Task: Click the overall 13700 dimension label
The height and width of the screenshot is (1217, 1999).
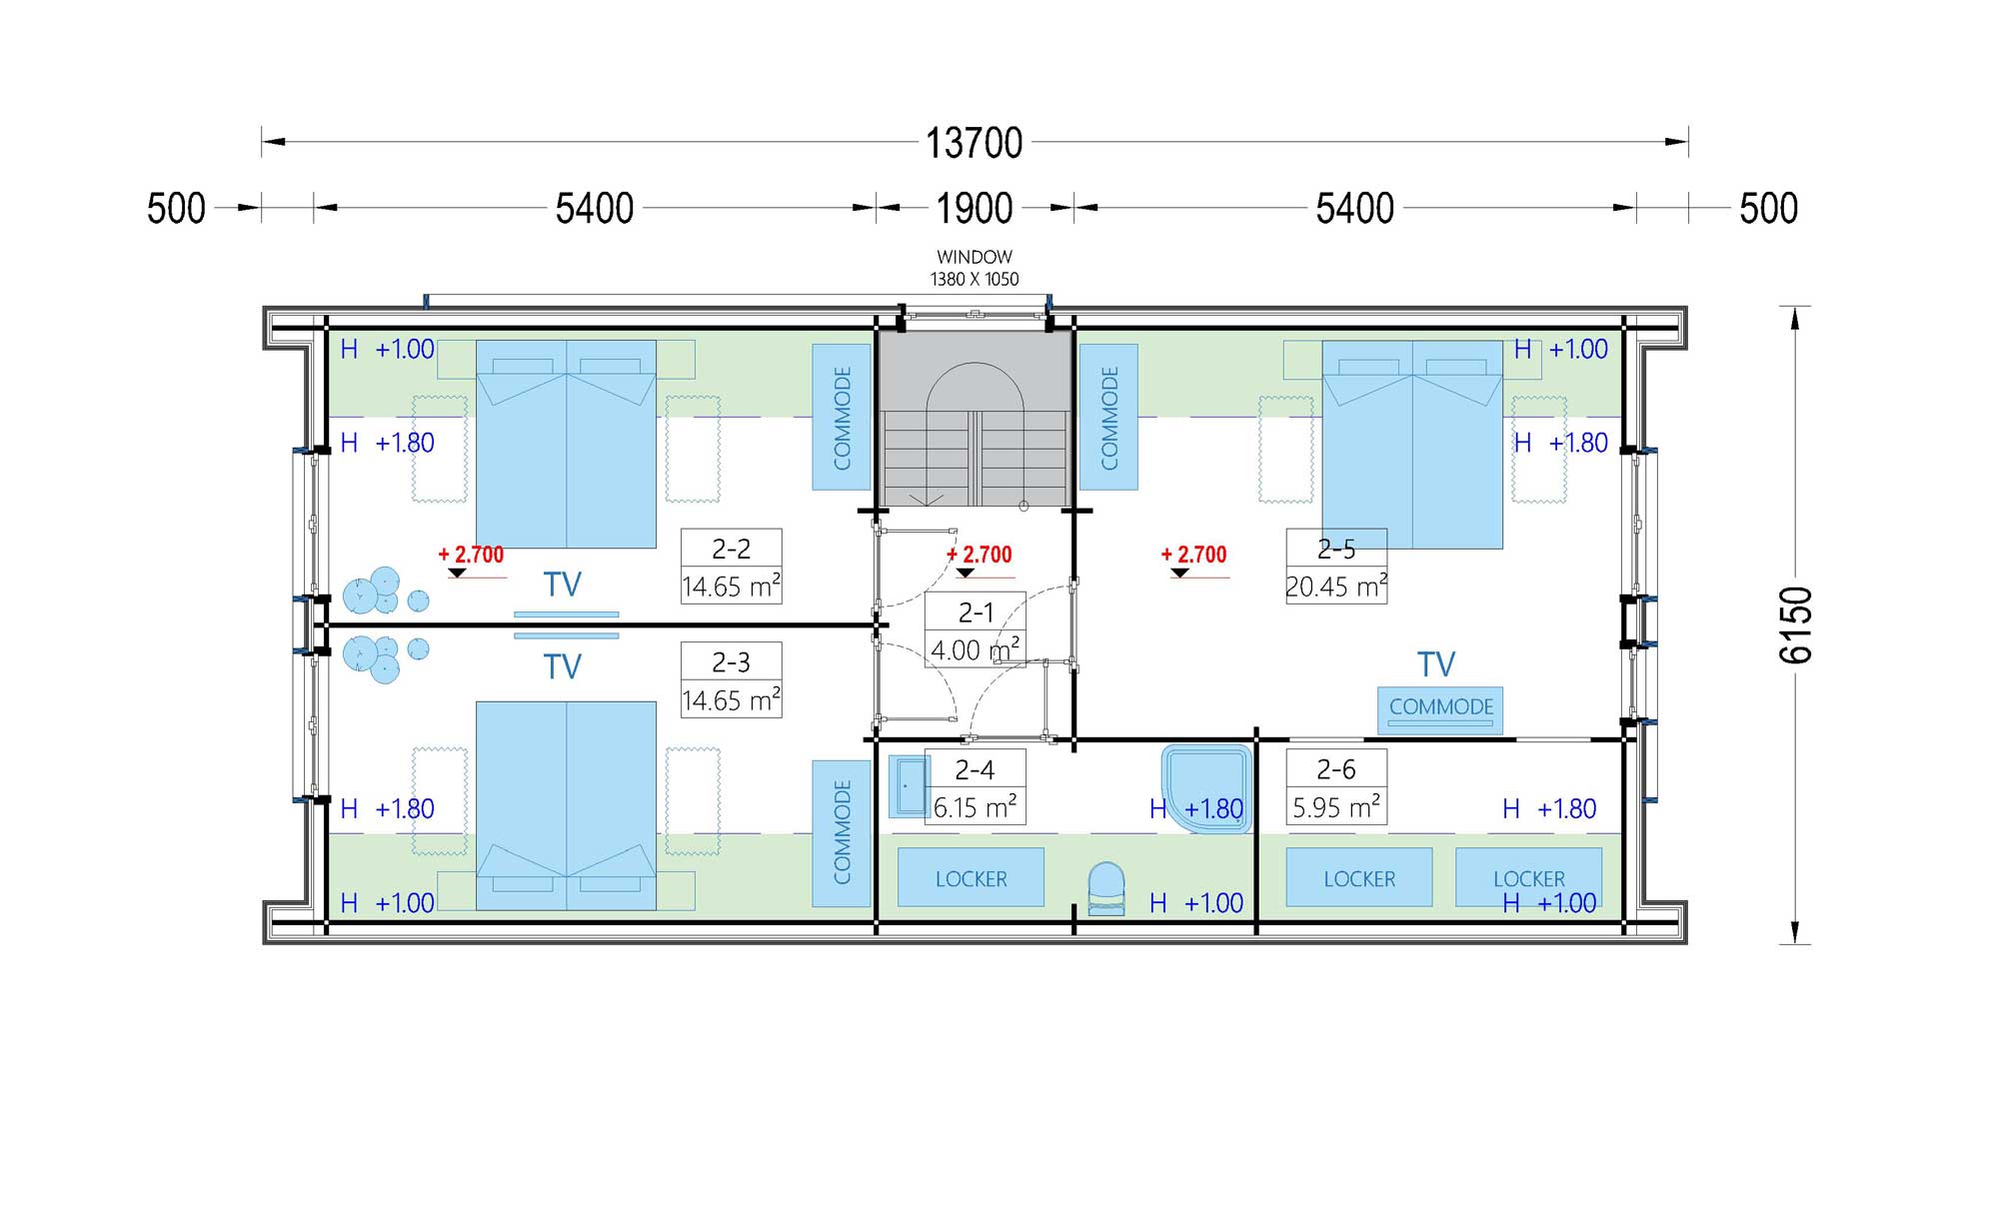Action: coord(974,143)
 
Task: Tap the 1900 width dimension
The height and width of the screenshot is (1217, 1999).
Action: coord(974,209)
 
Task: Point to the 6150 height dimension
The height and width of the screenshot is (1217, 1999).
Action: coord(1796,625)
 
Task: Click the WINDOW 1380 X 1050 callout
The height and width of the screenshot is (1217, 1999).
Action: coord(975,268)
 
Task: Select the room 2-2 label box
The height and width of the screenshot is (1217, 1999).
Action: coord(731,567)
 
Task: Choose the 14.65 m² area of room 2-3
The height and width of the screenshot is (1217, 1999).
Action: coord(731,699)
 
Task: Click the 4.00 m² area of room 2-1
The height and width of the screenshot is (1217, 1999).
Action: coord(975,649)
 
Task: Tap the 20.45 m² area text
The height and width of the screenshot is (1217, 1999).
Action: coord(1336,586)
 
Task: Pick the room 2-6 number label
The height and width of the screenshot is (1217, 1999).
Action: coord(1336,769)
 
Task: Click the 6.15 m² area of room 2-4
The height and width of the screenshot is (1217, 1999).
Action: coord(975,806)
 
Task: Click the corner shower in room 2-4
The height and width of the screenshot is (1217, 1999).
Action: coord(1207,787)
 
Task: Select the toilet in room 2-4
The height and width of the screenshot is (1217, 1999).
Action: coord(1105,889)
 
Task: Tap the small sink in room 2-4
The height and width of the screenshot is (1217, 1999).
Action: coord(909,786)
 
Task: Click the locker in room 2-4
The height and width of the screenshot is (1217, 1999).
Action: coord(971,877)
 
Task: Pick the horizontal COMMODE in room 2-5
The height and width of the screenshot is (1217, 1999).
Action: coord(1440,708)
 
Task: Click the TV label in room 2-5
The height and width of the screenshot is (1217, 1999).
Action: coord(1436,664)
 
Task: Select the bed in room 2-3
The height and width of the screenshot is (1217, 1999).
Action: coord(566,805)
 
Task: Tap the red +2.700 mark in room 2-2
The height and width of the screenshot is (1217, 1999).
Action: coord(472,555)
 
